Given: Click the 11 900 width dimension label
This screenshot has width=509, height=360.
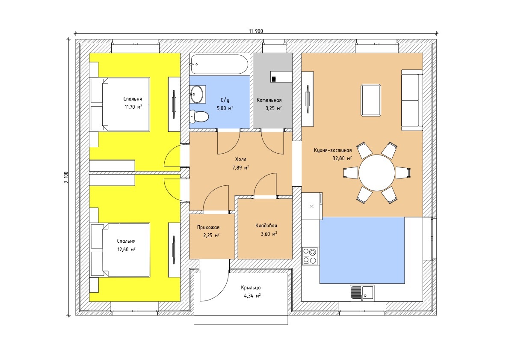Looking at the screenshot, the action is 256,31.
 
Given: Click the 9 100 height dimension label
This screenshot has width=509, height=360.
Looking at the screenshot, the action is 66,178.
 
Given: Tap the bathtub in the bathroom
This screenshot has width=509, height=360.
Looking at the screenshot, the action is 219,64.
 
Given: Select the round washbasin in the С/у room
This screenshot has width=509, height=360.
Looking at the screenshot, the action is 197,94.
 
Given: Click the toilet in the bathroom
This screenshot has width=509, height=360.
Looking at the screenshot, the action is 199,116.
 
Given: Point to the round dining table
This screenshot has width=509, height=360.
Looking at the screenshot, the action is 376,173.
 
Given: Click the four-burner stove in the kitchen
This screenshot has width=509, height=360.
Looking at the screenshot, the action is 309,256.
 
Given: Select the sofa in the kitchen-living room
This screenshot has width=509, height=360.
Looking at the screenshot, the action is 412,100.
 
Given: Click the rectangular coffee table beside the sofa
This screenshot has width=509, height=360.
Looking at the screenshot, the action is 371,100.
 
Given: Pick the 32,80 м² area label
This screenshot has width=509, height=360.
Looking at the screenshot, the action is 342,158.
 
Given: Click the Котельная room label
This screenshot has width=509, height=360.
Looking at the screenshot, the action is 269,100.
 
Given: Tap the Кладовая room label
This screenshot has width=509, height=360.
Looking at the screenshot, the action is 266,226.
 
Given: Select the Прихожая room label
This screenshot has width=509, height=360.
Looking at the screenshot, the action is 208,227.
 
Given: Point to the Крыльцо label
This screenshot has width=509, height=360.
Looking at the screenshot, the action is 251,288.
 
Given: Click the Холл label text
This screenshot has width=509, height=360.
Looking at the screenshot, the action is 241,159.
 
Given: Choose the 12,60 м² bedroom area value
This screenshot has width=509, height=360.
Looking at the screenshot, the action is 126,249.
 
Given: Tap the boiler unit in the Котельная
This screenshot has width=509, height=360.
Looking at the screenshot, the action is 281,77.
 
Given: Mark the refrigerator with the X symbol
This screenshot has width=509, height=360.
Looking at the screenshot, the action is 312,206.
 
